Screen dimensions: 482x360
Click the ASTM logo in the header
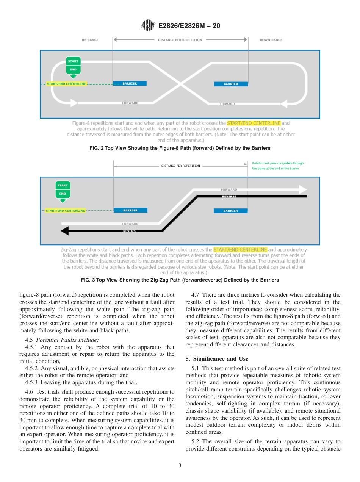pos(148,25)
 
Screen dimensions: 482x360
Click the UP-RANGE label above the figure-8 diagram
pos(90,40)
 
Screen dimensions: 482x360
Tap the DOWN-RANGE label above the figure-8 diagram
pos(271,40)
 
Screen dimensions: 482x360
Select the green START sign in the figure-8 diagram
pos(73,61)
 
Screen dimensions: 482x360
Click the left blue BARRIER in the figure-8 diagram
pos(130,83)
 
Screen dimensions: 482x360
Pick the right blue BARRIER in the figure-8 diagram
pos(231,84)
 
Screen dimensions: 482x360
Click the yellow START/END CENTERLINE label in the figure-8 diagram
pos(66,84)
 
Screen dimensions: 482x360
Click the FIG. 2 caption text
pos(180,148)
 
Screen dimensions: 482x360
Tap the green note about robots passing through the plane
pos(278,166)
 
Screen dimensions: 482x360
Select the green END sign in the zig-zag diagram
pos(63,194)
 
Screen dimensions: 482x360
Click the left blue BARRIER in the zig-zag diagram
pos(130,210)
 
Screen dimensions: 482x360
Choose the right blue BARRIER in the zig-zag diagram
pos(231,211)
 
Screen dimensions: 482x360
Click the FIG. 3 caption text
pos(180,280)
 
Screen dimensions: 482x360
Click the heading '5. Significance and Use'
pos(217,358)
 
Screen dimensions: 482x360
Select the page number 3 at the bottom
pos(180,466)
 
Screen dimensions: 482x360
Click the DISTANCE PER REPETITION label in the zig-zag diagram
pos(180,166)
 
